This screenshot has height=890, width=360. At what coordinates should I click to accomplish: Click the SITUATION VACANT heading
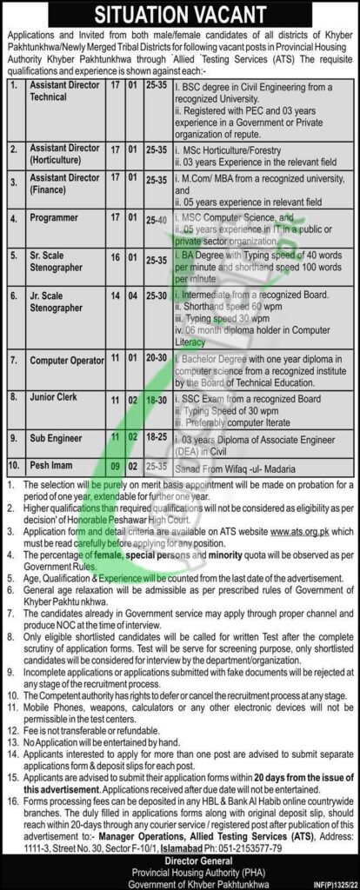point(179,17)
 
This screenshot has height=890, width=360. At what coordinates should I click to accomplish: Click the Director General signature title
point(179,853)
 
